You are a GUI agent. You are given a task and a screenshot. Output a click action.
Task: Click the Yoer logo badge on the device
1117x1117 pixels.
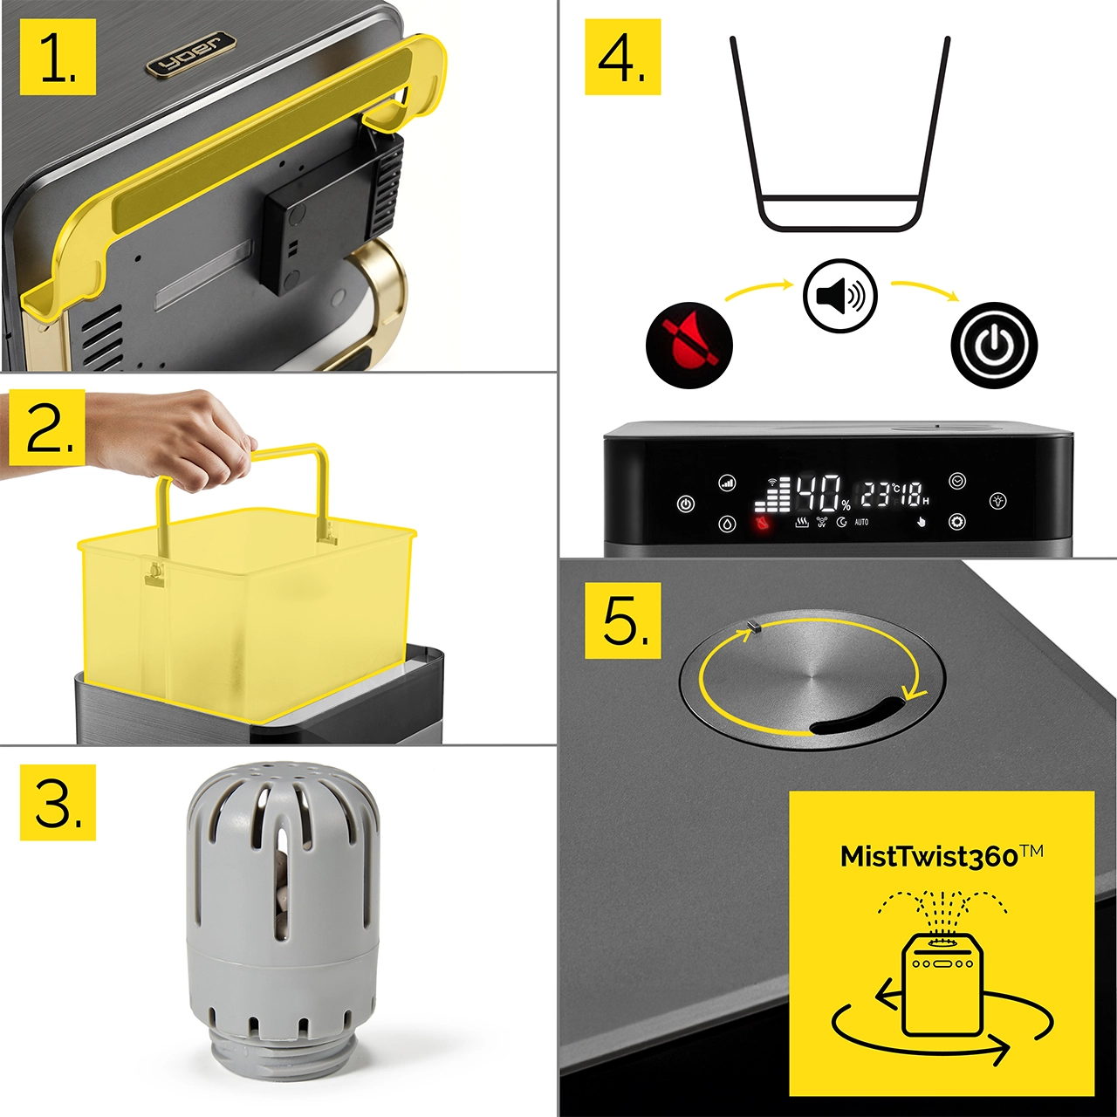click(x=190, y=54)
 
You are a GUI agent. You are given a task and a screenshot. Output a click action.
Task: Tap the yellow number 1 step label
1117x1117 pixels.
click(x=58, y=57)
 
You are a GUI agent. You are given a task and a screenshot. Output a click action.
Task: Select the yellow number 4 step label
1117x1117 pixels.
click(x=622, y=57)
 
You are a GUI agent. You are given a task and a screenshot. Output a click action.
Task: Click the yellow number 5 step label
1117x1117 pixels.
click(x=622, y=621)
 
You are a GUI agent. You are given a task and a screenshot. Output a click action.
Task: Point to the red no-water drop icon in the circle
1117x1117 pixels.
click(x=689, y=345)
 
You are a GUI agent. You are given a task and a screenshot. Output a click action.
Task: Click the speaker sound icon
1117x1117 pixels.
click(x=839, y=296)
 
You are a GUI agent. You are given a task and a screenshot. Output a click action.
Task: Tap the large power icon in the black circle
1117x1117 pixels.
click(x=994, y=345)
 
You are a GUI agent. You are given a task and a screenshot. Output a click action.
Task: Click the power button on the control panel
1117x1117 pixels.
click(x=686, y=504)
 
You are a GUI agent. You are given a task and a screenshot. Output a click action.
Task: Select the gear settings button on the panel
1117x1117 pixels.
click(x=957, y=522)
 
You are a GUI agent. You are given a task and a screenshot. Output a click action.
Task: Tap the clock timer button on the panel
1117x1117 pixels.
click(x=957, y=481)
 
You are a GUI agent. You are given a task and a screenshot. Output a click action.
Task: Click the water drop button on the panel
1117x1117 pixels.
click(x=728, y=524)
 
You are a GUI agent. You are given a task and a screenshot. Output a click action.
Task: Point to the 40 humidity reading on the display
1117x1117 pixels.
click(x=819, y=493)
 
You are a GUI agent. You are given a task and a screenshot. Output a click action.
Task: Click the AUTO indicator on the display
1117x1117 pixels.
click(x=861, y=522)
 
